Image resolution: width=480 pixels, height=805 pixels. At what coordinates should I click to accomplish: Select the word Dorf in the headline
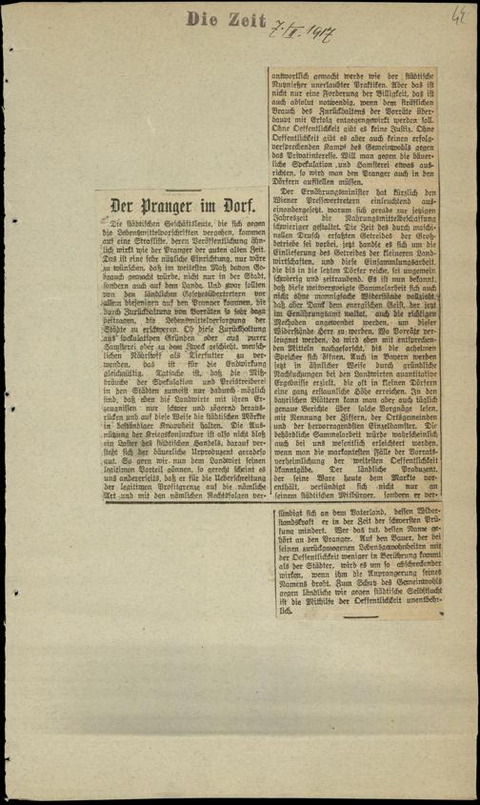(235, 203)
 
